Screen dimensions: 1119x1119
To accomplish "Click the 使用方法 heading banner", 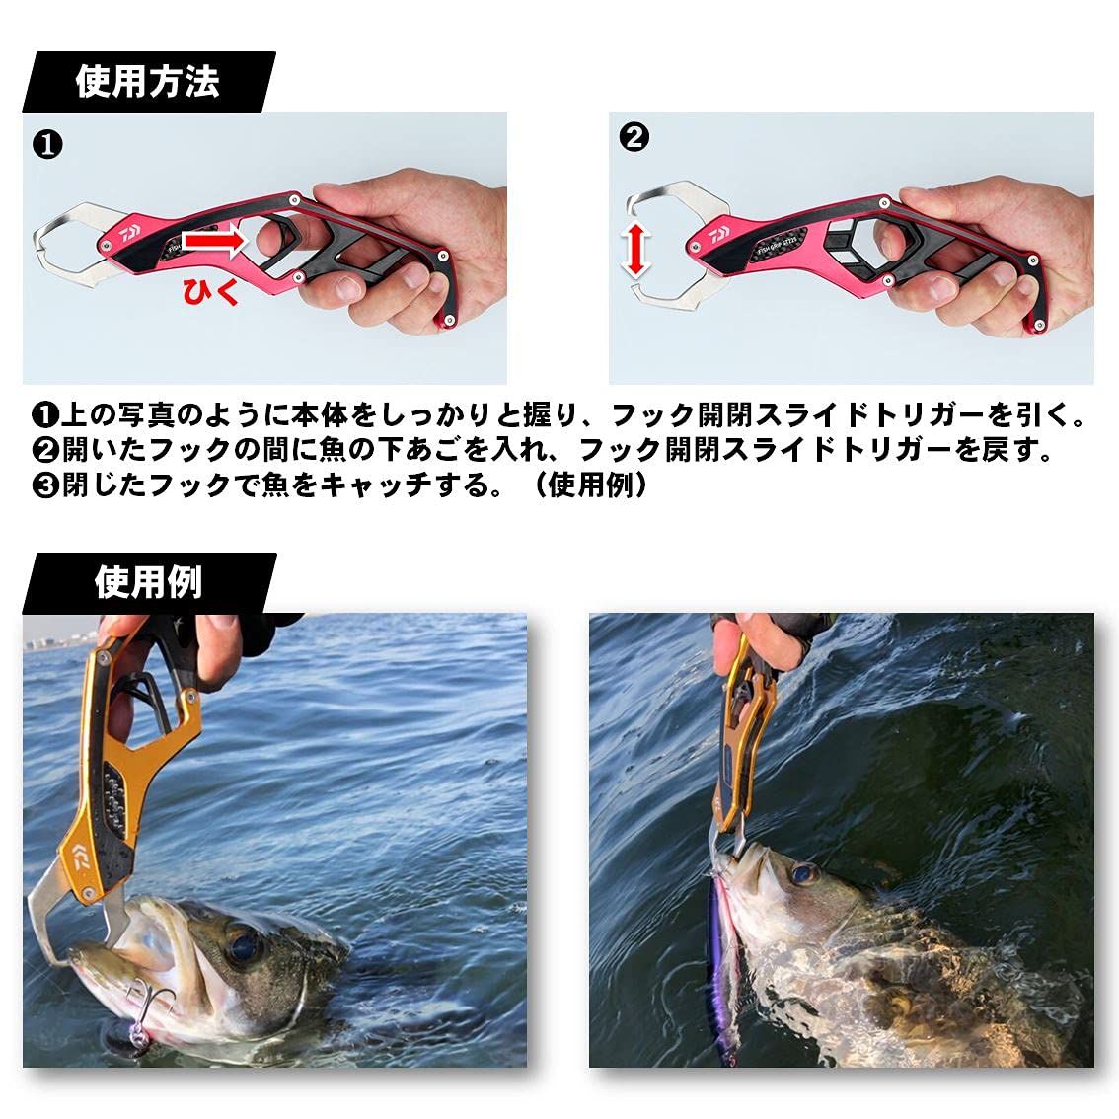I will tap(148, 83).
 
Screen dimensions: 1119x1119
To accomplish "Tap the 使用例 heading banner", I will tap(148, 582).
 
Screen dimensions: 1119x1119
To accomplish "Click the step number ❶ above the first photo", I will tap(48, 145).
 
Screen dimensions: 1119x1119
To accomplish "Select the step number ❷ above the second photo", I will tap(634, 137).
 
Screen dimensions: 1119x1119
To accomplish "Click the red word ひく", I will tap(209, 290).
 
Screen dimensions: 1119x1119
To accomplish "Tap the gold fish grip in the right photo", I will tap(740, 730).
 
